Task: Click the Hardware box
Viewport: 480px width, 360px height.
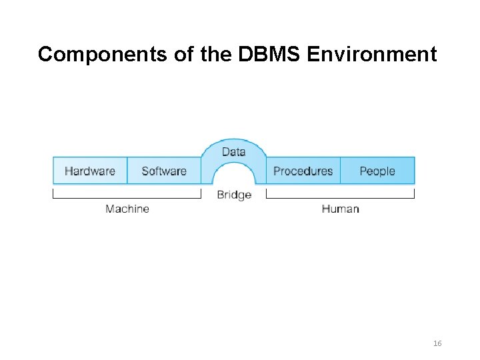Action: pos(90,171)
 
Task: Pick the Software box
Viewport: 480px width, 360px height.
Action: pos(164,171)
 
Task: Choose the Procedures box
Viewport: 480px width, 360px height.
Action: pos(303,171)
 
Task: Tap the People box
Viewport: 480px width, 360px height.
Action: pos(377,171)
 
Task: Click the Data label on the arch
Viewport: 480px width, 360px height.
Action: pos(233,151)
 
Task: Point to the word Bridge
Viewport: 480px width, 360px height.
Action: pos(234,195)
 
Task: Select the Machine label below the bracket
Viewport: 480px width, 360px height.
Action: pos(127,209)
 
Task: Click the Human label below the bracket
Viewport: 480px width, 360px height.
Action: pos(340,209)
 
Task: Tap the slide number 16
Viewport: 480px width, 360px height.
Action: pos(437,343)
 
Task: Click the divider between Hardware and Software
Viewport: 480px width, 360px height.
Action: pos(127,171)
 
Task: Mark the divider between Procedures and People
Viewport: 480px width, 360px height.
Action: pos(340,171)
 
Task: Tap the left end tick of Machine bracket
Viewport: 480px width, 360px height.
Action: pos(53,194)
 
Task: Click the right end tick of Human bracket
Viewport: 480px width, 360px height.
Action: pos(414,194)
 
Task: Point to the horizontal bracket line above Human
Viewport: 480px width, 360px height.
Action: pos(340,198)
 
